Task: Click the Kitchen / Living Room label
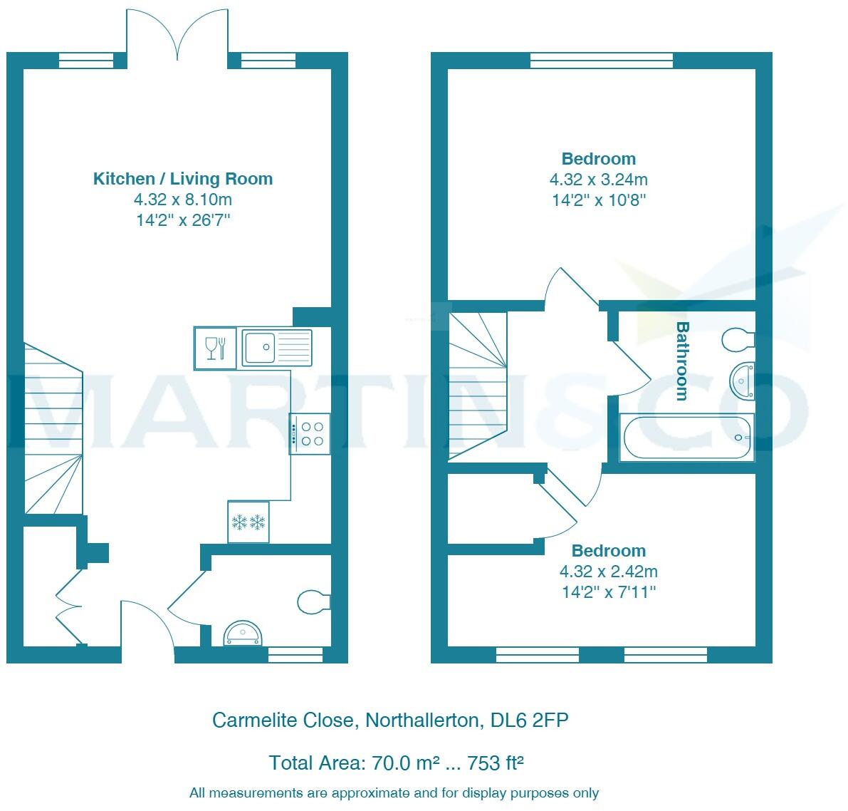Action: [x=183, y=179]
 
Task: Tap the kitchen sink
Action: [x=276, y=347]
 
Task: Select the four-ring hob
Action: [x=310, y=434]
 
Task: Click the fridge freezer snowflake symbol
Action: [x=248, y=522]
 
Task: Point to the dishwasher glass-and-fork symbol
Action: [x=215, y=348]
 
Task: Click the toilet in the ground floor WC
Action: [x=314, y=601]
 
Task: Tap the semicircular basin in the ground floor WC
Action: [x=244, y=634]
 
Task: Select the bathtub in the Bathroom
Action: [x=686, y=438]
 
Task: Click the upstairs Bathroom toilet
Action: [x=738, y=339]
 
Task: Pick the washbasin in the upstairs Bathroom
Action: [x=742, y=381]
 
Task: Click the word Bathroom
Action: [x=683, y=361]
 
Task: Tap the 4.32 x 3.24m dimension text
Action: [x=599, y=179]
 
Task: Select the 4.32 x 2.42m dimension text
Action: [x=609, y=571]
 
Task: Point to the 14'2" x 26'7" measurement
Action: [x=183, y=219]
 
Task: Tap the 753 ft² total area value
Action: [x=495, y=763]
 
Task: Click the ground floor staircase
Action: [x=53, y=428]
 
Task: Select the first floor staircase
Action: [x=478, y=386]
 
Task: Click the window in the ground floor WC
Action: [x=295, y=654]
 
